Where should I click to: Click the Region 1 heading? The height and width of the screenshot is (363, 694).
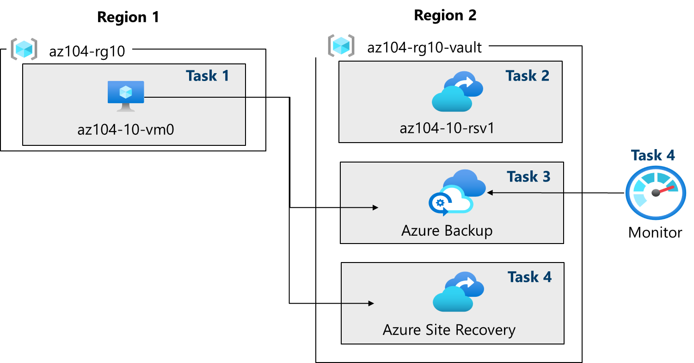click(x=128, y=17)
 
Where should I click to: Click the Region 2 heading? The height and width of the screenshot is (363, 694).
click(x=445, y=15)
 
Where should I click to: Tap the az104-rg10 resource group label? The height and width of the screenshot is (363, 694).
click(x=87, y=51)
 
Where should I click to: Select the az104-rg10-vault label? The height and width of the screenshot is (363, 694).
click(x=424, y=47)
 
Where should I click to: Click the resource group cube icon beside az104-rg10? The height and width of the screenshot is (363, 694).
click(x=24, y=49)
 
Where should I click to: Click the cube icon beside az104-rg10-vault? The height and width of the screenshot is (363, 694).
click(x=341, y=45)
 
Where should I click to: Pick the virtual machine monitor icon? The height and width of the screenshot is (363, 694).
click(x=125, y=95)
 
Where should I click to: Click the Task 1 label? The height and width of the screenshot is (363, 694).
click(x=207, y=75)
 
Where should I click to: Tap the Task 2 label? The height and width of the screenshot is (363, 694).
click(x=527, y=75)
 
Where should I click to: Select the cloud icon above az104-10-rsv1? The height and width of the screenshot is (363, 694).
click(x=457, y=92)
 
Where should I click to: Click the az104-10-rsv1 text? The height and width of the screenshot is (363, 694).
click(x=447, y=127)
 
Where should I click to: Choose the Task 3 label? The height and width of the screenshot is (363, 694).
click(x=528, y=176)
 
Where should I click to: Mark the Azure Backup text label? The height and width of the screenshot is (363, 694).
click(x=447, y=230)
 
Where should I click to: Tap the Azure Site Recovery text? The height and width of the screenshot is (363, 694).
click(x=448, y=330)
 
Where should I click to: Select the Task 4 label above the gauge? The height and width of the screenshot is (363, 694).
click(x=653, y=155)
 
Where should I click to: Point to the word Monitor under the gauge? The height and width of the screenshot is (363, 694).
click(x=655, y=232)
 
